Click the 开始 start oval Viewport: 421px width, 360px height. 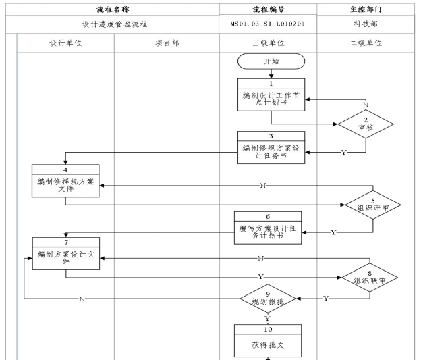(271, 61)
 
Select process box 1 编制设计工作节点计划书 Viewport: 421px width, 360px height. (270, 94)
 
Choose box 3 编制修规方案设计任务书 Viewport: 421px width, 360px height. (270, 147)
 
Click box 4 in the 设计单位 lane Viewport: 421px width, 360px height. (65, 180)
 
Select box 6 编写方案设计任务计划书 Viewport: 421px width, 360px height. (267, 228)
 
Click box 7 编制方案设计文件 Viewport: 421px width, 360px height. (65, 253)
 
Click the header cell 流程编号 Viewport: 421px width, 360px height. (268, 9)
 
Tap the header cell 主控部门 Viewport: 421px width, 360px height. (368, 9)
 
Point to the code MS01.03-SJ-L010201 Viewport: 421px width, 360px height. (268, 25)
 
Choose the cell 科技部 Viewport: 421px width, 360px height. (368, 25)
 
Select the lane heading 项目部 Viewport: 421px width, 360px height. (167, 43)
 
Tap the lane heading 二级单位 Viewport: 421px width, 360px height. (368, 43)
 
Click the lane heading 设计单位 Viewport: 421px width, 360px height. (65, 43)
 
